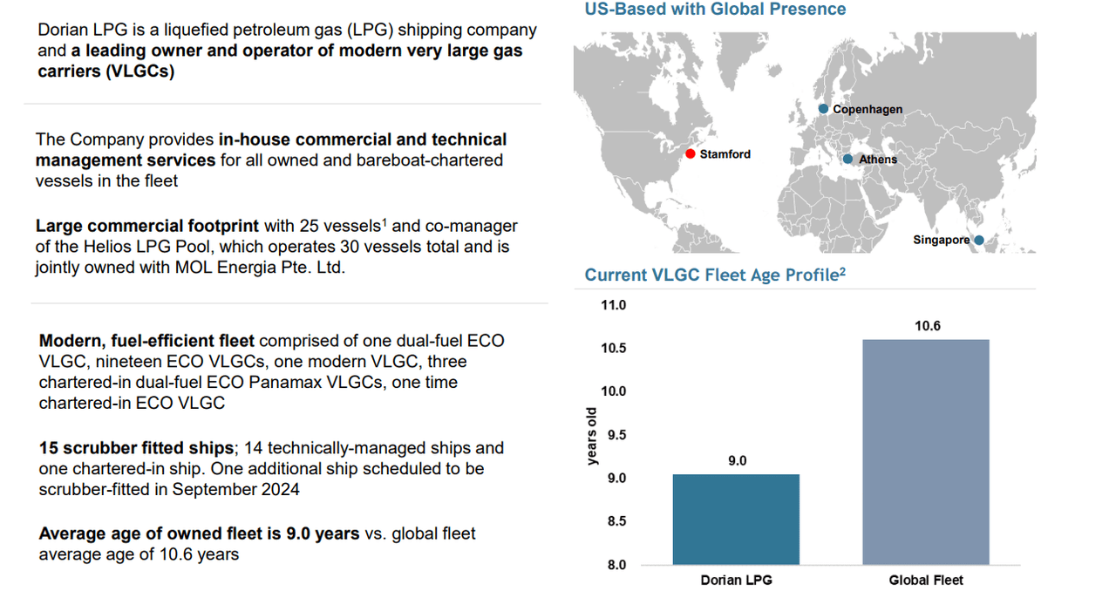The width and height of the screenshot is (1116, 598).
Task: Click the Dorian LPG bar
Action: tap(737, 520)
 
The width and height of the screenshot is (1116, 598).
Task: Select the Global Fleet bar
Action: tap(926, 452)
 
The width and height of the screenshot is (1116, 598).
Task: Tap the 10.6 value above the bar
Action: tap(928, 326)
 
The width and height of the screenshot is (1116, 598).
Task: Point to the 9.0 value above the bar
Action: tap(738, 460)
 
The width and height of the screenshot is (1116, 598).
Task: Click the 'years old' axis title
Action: tap(593, 436)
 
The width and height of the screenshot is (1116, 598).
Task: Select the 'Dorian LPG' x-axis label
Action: tap(737, 580)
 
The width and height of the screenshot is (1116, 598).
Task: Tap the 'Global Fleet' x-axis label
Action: tap(926, 580)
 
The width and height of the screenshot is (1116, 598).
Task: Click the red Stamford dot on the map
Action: tap(691, 154)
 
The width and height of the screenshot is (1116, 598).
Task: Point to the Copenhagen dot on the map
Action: tap(823, 109)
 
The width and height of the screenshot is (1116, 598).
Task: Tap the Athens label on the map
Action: tap(877, 160)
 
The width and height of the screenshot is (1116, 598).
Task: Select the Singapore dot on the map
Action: tap(979, 240)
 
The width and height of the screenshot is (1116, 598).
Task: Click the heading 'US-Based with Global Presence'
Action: tap(715, 10)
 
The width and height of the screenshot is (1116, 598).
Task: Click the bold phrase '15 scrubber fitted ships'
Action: tap(137, 448)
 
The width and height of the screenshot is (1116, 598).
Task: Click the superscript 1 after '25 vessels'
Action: tap(384, 221)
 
